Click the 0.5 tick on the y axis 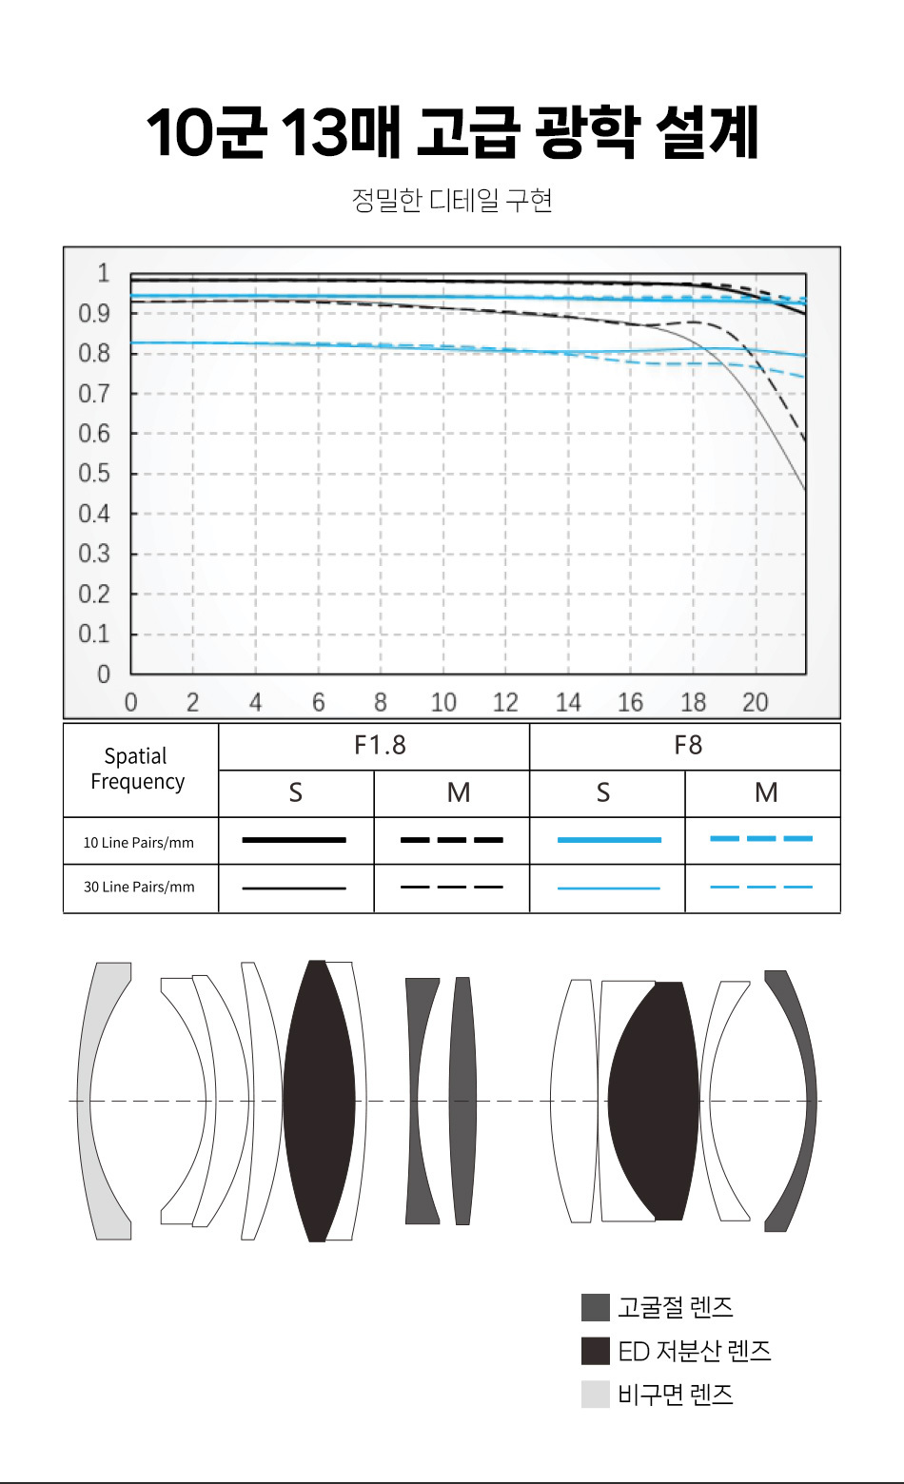click(x=94, y=473)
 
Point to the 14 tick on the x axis click(x=568, y=702)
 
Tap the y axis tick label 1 click(x=103, y=273)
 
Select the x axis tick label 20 click(x=755, y=702)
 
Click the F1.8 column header click(x=380, y=745)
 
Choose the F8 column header click(x=687, y=745)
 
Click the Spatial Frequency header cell click(x=137, y=769)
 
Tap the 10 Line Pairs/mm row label click(x=139, y=842)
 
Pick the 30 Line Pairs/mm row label click(x=139, y=887)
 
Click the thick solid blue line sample click(x=608, y=840)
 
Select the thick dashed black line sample click(x=451, y=840)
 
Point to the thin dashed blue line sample click(x=761, y=887)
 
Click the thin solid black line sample click(x=294, y=888)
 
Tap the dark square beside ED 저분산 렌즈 click(x=595, y=1351)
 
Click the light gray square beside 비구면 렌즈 click(x=595, y=1395)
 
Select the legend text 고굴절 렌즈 click(x=675, y=1307)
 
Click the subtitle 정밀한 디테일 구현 click(x=452, y=200)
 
